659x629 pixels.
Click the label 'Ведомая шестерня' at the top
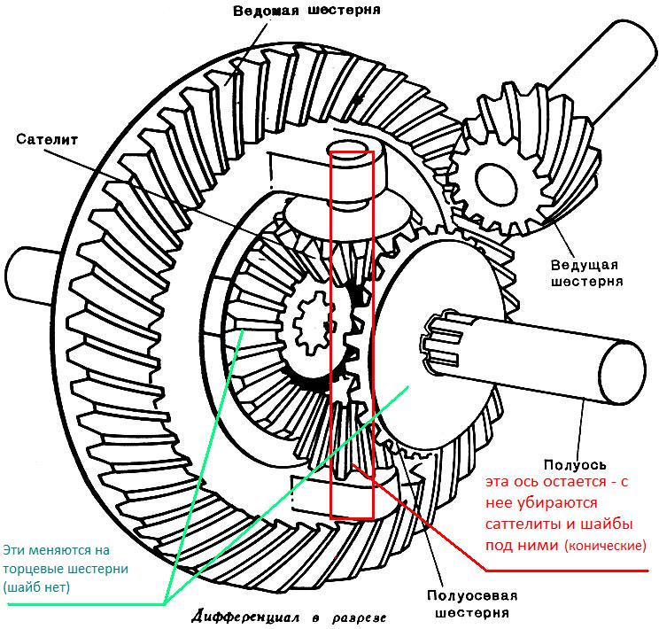[306, 10]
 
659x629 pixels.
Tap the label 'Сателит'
[47, 139]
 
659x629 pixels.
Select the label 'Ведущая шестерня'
[586, 273]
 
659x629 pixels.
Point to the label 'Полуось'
[575, 464]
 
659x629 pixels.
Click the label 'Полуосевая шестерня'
[472, 603]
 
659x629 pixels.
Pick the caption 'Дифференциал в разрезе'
[289, 617]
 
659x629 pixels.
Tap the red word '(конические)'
[605, 546]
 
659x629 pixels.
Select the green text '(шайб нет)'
[36, 587]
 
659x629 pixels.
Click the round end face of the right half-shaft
[621, 372]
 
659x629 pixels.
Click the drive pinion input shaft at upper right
[605, 72]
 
